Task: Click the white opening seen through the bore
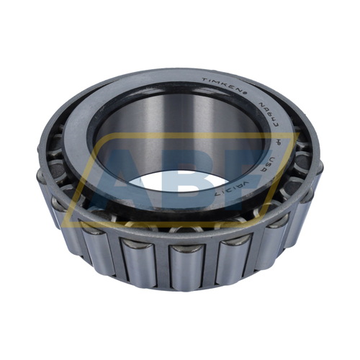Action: click(x=180, y=184)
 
